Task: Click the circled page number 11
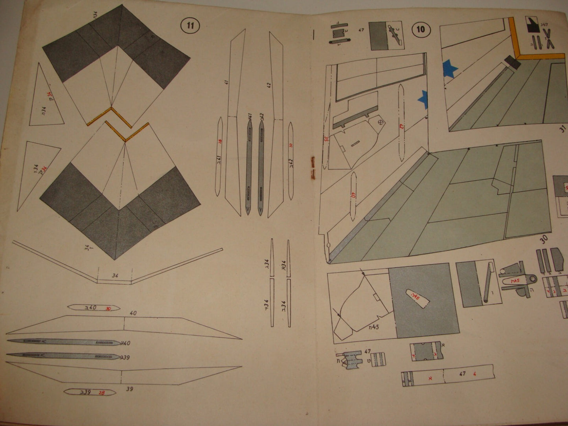tap(190, 26)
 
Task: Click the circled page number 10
tap(421, 29)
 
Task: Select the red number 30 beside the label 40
tap(108, 309)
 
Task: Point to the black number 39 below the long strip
tap(130, 389)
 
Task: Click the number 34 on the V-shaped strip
tap(115, 276)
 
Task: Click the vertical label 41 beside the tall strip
tap(226, 82)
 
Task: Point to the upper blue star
tap(450, 69)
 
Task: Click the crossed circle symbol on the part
tap(381, 123)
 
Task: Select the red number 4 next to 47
tap(475, 374)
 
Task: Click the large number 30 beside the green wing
tap(544, 240)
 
